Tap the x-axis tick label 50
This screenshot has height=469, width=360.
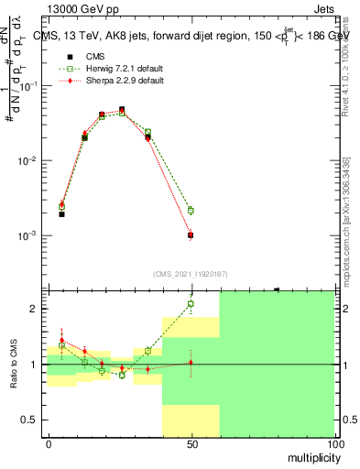point(191,444)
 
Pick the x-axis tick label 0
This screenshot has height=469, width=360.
point(49,444)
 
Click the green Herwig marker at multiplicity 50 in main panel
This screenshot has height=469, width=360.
point(191,211)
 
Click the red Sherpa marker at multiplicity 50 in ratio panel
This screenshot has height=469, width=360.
point(191,363)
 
